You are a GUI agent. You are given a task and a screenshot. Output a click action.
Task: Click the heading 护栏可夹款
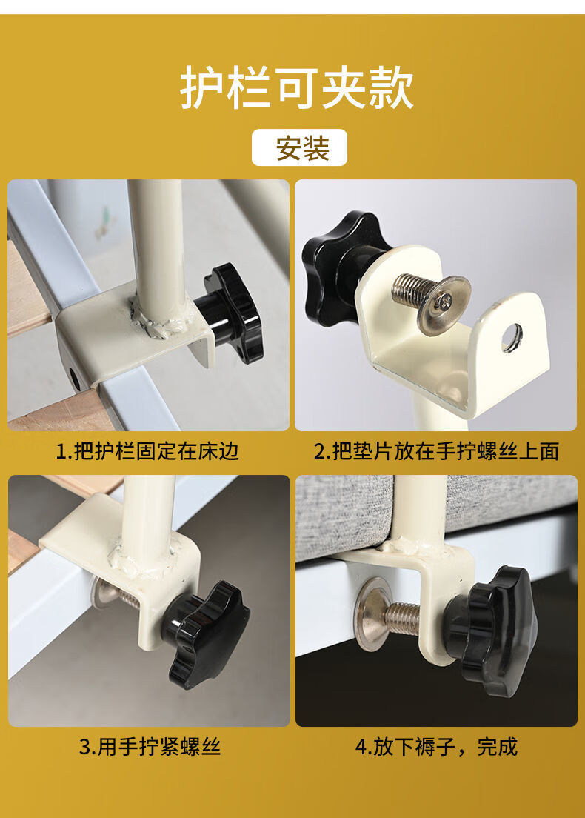[297, 87]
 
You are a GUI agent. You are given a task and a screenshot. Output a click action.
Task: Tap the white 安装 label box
[300, 147]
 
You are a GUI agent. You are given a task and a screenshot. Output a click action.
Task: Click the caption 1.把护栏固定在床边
[147, 451]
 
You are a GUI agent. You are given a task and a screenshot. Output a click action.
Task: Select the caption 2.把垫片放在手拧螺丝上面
[436, 451]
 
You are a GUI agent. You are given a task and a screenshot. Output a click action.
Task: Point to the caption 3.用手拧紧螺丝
[150, 747]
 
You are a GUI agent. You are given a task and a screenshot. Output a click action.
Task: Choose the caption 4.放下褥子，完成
[436, 747]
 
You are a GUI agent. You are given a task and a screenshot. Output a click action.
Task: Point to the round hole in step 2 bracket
[512, 338]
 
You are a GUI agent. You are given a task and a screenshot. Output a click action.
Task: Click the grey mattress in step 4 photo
[436, 511]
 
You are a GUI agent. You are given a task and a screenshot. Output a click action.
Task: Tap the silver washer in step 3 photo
[100, 593]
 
